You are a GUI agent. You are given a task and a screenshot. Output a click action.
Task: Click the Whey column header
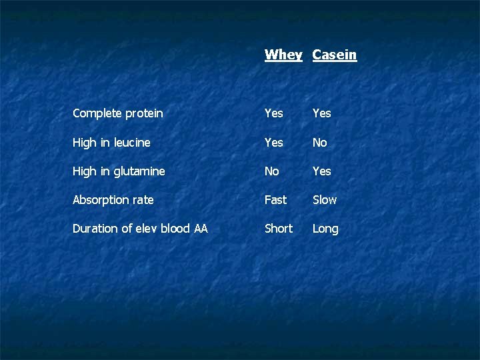click(x=283, y=55)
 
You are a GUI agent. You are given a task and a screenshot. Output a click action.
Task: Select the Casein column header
click(x=335, y=55)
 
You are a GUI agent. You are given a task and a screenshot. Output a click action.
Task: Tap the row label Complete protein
click(x=117, y=113)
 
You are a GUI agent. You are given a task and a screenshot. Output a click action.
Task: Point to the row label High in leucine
click(x=111, y=143)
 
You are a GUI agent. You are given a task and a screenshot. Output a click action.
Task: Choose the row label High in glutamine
click(x=119, y=171)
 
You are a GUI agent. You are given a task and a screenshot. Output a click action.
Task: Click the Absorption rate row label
click(x=113, y=200)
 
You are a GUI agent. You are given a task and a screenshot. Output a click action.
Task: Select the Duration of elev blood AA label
click(x=140, y=229)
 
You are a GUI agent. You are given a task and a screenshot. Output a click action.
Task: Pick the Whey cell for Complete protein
click(x=273, y=113)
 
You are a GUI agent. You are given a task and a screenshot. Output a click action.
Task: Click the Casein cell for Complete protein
click(x=321, y=113)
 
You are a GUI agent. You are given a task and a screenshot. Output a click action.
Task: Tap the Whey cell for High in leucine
click(x=273, y=143)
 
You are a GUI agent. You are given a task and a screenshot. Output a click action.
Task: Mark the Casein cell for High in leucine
click(x=320, y=143)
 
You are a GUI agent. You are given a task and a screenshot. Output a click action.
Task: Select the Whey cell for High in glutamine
click(x=271, y=171)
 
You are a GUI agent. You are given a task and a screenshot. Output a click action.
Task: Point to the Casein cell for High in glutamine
click(x=321, y=171)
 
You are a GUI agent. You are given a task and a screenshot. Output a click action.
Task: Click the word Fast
click(x=275, y=200)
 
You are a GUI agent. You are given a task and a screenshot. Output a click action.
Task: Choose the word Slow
click(x=325, y=200)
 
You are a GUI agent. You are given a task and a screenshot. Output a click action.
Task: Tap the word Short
click(x=278, y=229)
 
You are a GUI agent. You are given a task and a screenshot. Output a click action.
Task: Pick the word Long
click(x=325, y=229)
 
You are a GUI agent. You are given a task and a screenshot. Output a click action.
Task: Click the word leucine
click(x=132, y=143)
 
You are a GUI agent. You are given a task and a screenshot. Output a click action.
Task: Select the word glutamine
click(x=139, y=172)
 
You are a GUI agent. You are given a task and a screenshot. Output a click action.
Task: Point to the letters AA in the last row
click(x=200, y=229)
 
